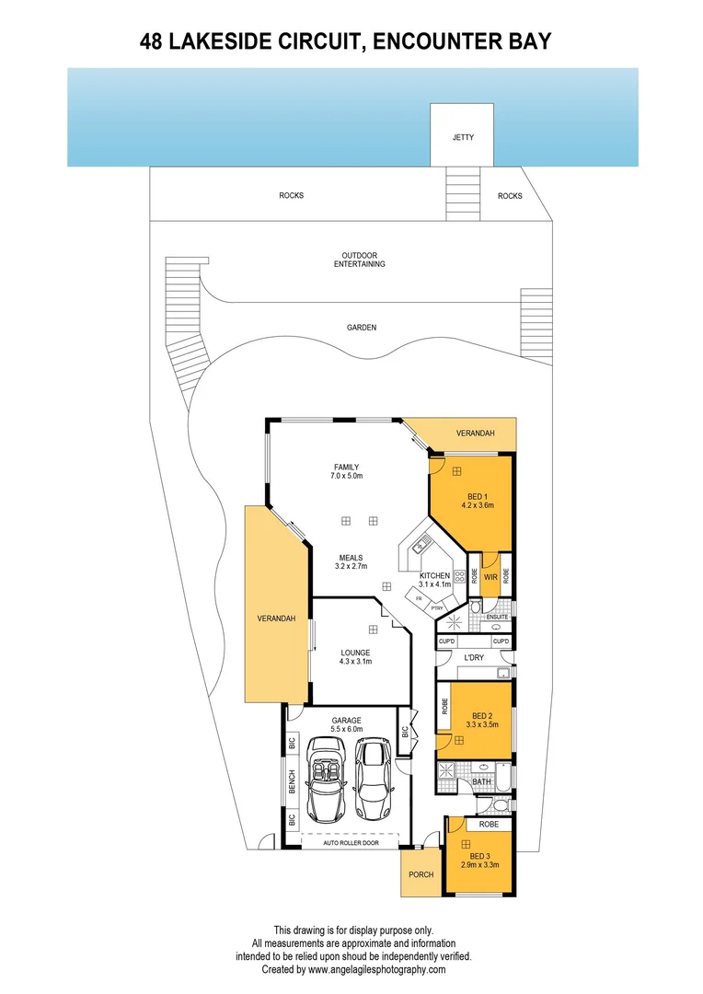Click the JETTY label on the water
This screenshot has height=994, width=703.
463,137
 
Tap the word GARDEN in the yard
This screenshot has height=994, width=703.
362,327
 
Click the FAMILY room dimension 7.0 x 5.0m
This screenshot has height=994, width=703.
346,477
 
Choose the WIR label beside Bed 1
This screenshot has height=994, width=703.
490,577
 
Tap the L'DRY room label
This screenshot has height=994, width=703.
474,657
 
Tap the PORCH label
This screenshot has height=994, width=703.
421,874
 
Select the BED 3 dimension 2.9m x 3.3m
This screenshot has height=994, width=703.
479,864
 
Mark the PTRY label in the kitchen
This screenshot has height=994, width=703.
437,607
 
